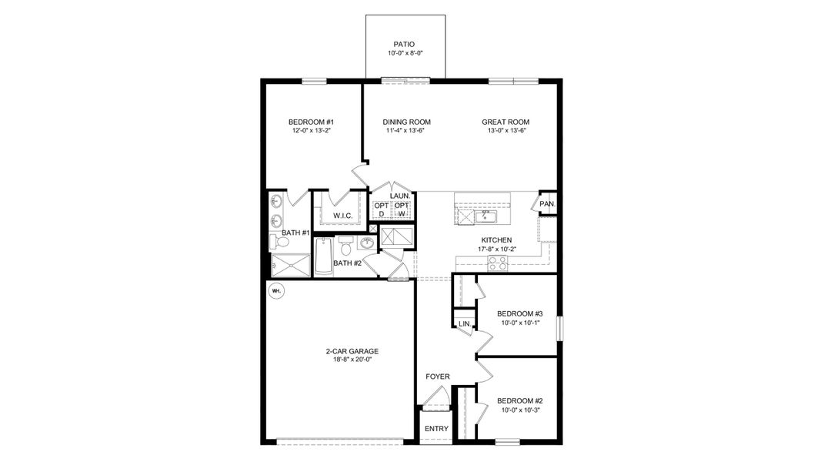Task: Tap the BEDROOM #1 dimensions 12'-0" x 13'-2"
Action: click(310, 132)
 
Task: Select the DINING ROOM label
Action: click(406, 122)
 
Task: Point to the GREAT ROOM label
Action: click(506, 122)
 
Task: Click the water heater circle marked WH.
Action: click(276, 291)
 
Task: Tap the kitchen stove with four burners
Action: click(497, 263)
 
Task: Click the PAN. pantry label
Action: click(547, 204)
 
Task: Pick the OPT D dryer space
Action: click(382, 209)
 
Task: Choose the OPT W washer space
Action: click(401, 209)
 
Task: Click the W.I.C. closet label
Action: click(342, 216)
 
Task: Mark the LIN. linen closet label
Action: click(464, 324)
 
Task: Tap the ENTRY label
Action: click(436, 429)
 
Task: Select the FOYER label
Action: click(438, 377)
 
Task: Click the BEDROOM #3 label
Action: click(519, 313)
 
